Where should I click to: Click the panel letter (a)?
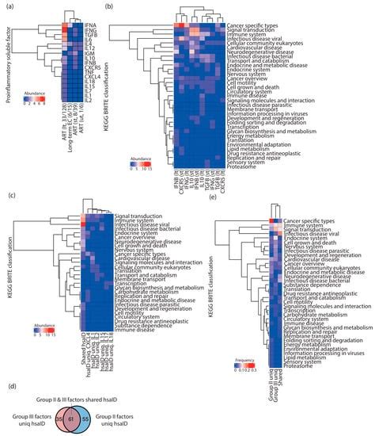point(7,6)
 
